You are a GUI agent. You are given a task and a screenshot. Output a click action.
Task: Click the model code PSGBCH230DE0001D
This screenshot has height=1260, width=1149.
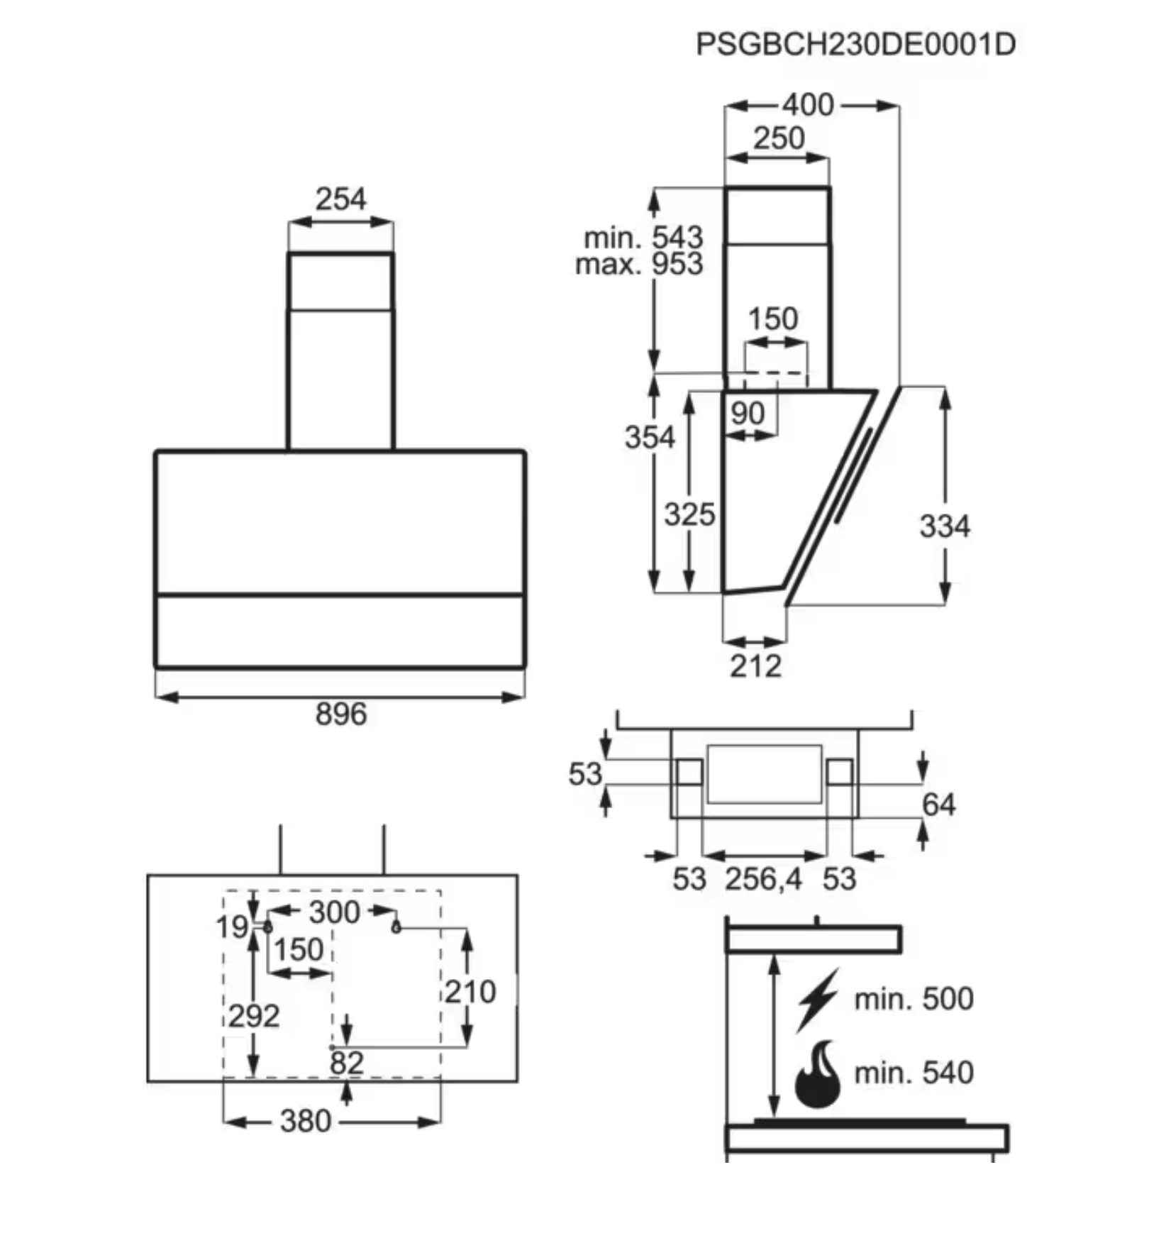tap(855, 44)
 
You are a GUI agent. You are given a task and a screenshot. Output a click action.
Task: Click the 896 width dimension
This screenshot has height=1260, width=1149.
tap(341, 714)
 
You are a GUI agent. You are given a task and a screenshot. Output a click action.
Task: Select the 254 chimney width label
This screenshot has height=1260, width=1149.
tap(341, 199)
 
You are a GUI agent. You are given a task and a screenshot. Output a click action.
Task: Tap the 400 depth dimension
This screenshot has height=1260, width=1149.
tap(808, 105)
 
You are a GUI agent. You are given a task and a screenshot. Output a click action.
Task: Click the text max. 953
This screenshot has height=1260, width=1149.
tap(639, 264)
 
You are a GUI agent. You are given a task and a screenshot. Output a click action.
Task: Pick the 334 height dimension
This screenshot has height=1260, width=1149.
tap(944, 526)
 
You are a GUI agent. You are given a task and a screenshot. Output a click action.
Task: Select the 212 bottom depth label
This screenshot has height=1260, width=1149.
tap(755, 666)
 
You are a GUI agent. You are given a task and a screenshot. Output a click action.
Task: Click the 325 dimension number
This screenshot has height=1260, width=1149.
tap(689, 514)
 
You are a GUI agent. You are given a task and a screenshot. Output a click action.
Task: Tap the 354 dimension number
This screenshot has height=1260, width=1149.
tap(649, 437)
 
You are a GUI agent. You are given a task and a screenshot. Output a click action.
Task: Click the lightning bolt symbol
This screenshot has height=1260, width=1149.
tap(817, 1000)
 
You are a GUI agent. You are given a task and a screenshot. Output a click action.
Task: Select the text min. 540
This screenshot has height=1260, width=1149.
tap(914, 1073)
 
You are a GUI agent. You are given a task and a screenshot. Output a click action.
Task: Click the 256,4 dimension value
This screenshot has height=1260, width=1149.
tap(763, 879)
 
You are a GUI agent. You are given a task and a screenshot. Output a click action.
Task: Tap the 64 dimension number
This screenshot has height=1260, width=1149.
tap(938, 805)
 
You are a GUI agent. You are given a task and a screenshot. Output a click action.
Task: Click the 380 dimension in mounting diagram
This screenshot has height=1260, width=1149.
tap(305, 1122)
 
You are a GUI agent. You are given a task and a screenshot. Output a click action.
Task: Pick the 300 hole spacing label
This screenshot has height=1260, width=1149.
tap(333, 912)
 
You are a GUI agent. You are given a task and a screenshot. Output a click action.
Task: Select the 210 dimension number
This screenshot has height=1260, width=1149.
tap(470, 992)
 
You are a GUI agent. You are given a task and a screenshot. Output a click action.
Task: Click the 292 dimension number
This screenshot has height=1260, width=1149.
tap(253, 1016)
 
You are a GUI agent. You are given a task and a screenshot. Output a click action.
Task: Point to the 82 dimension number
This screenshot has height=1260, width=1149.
tap(346, 1063)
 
